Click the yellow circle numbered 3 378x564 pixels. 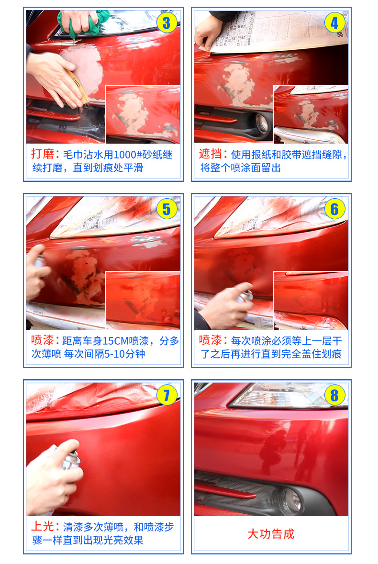[x=167, y=23]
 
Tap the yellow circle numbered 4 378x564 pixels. [x=335, y=23]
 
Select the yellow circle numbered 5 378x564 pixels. [x=167, y=209]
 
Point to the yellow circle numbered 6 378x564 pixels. [x=335, y=209]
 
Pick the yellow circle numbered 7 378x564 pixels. [x=167, y=395]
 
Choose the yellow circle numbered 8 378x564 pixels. [x=335, y=395]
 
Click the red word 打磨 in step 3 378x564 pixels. [x=43, y=154]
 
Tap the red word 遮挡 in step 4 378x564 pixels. [x=211, y=154]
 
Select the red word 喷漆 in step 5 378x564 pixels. [x=43, y=340]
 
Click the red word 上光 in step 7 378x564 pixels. [x=43, y=527]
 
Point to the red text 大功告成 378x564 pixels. [x=271, y=534]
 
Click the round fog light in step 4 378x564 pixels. [x=262, y=123]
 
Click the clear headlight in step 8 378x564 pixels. [x=288, y=395]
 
